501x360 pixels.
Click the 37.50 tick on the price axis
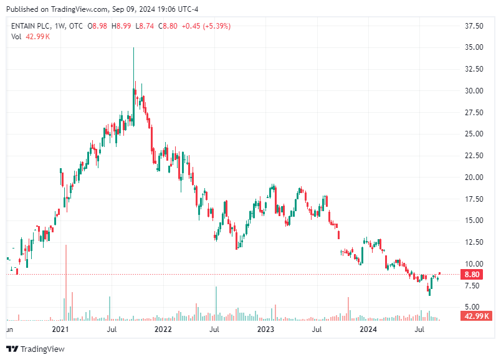click(x=475, y=26)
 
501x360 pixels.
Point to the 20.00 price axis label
click(x=475, y=177)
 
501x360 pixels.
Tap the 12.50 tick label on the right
click(x=475, y=242)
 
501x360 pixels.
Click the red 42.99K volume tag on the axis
click(x=477, y=316)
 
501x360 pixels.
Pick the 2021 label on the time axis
click(x=60, y=329)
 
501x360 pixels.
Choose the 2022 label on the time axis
click(x=163, y=329)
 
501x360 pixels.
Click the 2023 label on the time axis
click(x=266, y=329)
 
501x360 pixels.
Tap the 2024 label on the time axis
click(x=369, y=329)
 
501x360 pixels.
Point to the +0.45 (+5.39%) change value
click(x=205, y=26)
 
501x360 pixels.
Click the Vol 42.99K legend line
click(x=31, y=37)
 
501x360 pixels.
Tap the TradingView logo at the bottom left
click(x=36, y=349)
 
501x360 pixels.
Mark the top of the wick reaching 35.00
click(x=133, y=48)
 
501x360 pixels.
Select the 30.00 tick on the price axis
click(x=475, y=90)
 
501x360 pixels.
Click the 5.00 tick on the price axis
click(x=475, y=306)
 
